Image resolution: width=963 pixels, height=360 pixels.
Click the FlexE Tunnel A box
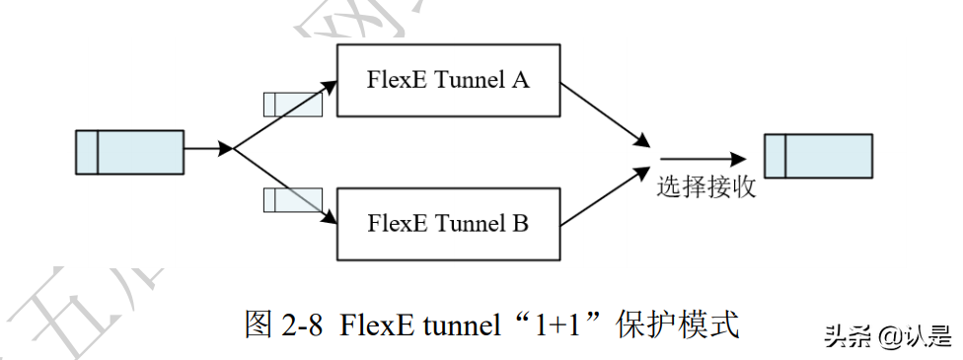coord(449,81)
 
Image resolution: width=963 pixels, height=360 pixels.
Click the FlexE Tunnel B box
coord(449,223)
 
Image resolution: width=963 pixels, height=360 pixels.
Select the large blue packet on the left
coord(129,152)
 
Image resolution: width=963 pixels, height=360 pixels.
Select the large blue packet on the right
coord(818,156)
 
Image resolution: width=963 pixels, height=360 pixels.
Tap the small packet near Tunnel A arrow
coord(291,104)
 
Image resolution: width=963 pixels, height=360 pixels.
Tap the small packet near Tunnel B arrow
coord(291,200)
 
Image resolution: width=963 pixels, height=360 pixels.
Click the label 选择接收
coord(706,186)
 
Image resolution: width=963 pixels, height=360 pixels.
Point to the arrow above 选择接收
coord(702,158)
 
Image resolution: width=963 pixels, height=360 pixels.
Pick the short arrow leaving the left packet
coord(208,150)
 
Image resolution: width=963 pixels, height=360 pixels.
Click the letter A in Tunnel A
coord(520,81)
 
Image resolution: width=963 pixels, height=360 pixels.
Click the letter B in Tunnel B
coord(520,224)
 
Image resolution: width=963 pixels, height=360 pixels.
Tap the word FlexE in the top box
coord(397,81)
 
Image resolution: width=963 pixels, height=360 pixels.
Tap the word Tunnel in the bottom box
coord(467,224)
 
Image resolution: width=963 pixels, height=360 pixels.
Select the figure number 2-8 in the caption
coord(302,324)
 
